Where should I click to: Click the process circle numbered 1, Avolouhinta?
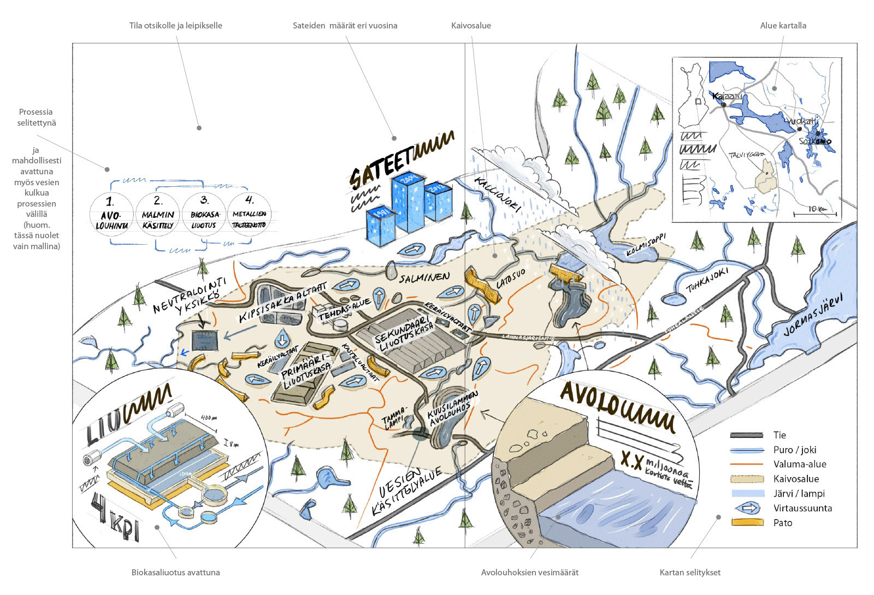(111, 214)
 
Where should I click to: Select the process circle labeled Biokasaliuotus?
(204, 214)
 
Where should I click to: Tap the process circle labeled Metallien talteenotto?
(250, 214)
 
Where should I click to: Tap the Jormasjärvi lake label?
(813, 315)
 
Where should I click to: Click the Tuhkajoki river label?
(707, 279)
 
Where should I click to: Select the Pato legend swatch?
(747, 523)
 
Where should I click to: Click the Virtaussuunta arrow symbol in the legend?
(747, 508)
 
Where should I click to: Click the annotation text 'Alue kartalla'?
(783, 26)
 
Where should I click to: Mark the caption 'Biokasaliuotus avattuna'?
(175, 573)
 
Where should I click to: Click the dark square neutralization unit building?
(205, 341)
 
